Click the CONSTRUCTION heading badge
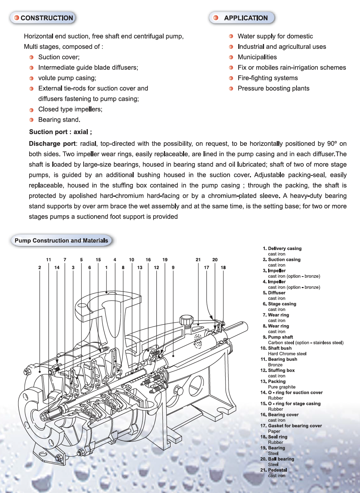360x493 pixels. pyautogui.click(x=43, y=18)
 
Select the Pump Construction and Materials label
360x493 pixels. pyautogui.click(x=61, y=241)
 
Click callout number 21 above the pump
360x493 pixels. pyautogui.click(x=198, y=260)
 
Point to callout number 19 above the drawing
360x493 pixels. pyautogui.click(x=165, y=260)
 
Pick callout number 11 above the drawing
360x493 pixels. pyautogui.click(x=49, y=260)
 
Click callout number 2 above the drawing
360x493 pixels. pyautogui.click(x=40, y=268)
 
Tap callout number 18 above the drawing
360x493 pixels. pyautogui.click(x=223, y=268)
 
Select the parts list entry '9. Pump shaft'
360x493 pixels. pyautogui.click(x=278, y=337)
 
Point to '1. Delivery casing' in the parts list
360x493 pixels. pyautogui.click(x=282, y=249)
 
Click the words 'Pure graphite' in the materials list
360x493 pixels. pyautogui.click(x=282, y=387)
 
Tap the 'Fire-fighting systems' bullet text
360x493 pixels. pyautogui.click(x=268, y=78)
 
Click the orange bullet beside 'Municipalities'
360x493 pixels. pyautogui.click(x=231, y=57)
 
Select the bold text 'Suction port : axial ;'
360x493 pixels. pyautogui.click(x=60, y=132)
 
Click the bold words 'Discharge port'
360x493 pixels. pyautogui.click(x=52, y=144)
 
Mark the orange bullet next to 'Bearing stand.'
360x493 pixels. pyautogui.click(x=32, y=120)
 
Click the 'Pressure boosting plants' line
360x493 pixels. pyautogui.click(x=273, y=88)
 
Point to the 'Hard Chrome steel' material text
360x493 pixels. pyautogui.click(x=287, y=354)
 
